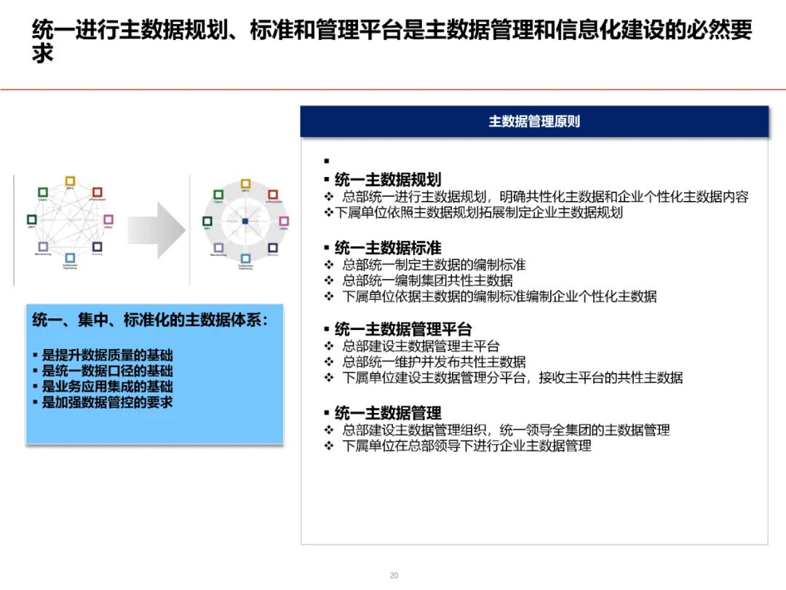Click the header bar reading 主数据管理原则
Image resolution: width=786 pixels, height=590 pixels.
coord(534,122)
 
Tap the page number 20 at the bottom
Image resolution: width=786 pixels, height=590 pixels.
coord(394,575)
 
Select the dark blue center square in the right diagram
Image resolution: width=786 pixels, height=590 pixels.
coord(245,221)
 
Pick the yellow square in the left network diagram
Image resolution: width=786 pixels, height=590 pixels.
coord(70,181)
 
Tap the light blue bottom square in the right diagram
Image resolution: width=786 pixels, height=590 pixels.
coord(245,259)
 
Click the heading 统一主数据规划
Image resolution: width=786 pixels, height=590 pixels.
coord(387,180)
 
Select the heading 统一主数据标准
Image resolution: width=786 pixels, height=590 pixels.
coord(387,248)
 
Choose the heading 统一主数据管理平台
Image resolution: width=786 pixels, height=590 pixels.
coord(402,329)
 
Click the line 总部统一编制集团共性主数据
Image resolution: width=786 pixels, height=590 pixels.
coord(427,280)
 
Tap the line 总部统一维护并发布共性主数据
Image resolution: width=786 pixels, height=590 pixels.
coord(434,362)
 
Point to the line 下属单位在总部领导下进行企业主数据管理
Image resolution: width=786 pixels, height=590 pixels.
coord(467,446)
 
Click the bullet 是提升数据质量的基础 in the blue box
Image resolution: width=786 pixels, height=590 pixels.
coord(107,355)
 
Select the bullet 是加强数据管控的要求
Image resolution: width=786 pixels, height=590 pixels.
coord(107,402)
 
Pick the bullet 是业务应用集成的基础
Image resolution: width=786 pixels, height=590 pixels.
coord(107,387)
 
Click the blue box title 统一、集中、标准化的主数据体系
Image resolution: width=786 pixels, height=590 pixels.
coord(149,320)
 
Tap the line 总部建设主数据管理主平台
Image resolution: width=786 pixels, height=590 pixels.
coord(421,346)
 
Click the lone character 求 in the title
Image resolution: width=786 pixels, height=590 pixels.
coord(43,55)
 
